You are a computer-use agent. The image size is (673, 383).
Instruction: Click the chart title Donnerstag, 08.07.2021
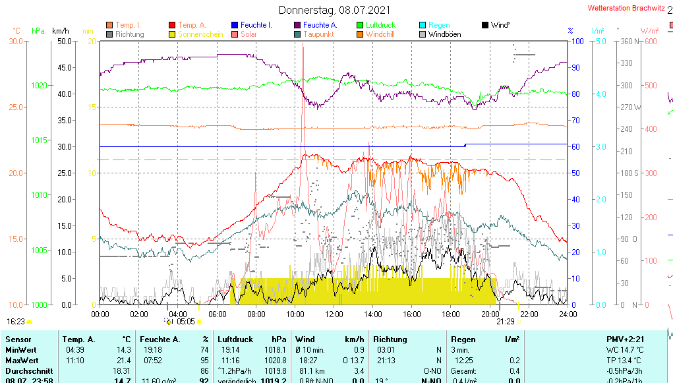[334, 10]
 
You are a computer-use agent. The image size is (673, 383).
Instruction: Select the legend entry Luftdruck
[380, 25]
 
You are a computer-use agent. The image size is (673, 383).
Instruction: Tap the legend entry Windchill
[380, 34]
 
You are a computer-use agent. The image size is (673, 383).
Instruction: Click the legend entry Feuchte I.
[256, 25]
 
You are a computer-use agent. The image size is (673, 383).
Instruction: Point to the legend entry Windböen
[444, 34]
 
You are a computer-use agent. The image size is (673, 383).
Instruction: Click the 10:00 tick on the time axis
[295, 314]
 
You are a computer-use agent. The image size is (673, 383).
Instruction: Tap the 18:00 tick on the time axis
[451, 314]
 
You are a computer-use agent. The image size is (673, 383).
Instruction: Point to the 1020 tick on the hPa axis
[39, 85]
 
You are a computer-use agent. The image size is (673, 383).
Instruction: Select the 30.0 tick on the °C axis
[16, 42]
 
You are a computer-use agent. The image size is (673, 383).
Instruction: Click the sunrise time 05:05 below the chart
[186, 322]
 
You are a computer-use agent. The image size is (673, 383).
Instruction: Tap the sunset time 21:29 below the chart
[505, 322]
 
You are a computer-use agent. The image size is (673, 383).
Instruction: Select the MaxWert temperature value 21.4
[123, 361]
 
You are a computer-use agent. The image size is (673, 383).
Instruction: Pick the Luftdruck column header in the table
[235, 339]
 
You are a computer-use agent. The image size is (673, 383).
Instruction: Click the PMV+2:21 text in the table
[626, 339]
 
